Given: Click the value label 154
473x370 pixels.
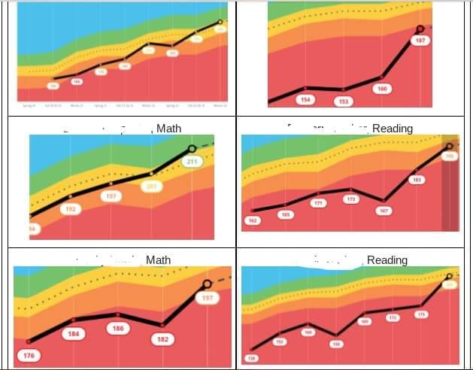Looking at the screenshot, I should (x=305, y=99).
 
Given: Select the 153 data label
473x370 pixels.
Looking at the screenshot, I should (x=344, y=101).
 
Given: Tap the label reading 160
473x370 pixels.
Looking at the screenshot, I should (x=383, y=88).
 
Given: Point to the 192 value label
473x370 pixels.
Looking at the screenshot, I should (x=70, y=209).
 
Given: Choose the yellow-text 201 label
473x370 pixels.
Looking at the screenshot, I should (x=150, y=186).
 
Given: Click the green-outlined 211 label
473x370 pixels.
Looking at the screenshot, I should (x=191, y=162).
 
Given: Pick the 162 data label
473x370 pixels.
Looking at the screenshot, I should (x=253, y=221).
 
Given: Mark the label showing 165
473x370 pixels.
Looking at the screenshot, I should (x=285, y=215).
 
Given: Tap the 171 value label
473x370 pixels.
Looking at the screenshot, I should (x=319, y=203).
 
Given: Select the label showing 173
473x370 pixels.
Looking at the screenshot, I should (x=350, y=199).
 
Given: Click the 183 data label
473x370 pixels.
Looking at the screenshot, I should (x=417, y=180).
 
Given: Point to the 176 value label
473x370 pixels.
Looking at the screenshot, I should (x=29, y=355).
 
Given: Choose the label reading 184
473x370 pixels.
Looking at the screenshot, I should (x=73, y=333).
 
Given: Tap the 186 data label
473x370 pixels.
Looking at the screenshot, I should (x=117, y=328).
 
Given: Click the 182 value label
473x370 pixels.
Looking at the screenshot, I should (x=162, y=339).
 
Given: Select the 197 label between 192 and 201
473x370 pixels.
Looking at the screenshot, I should (x=111, y=196).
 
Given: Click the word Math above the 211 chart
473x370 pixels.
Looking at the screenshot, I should (x=168, y=129).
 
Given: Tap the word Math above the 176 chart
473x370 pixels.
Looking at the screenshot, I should (x=159, y=260).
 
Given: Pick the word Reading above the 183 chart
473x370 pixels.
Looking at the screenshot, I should (x=393, y=129).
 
